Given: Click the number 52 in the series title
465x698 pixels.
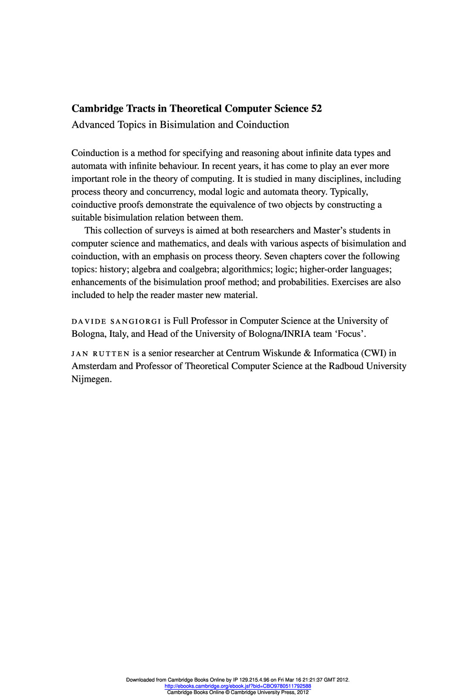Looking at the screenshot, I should click(316, 109).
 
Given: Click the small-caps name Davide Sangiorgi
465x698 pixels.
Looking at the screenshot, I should click(116, 322).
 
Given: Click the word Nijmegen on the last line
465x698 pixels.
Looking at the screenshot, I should click(92, 379).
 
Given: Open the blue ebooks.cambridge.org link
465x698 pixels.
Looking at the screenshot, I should click(238, 686).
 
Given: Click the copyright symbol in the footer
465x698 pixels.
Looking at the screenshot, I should click(227, 692).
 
